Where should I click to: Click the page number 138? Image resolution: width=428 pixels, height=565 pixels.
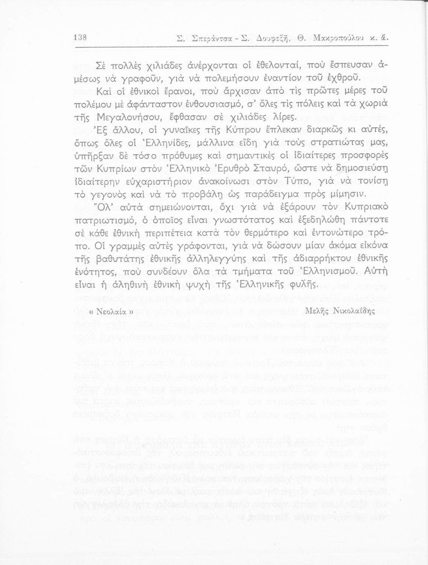[81, 37]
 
